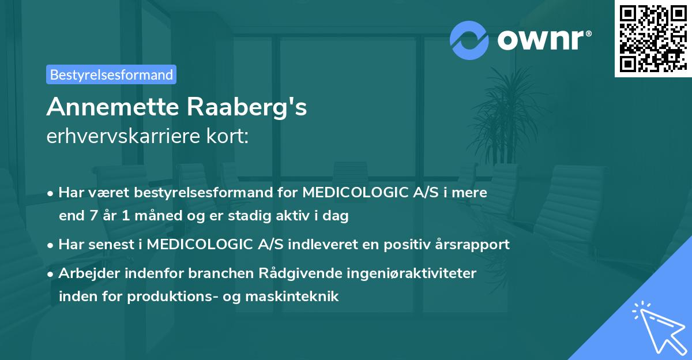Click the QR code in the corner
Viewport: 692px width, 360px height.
click(x=653, y=39)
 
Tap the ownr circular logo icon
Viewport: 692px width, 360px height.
click(x=470, y=40)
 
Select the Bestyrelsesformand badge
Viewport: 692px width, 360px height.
click(x=111, y=74)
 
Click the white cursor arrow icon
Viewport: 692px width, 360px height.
click(x=656, y=327)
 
